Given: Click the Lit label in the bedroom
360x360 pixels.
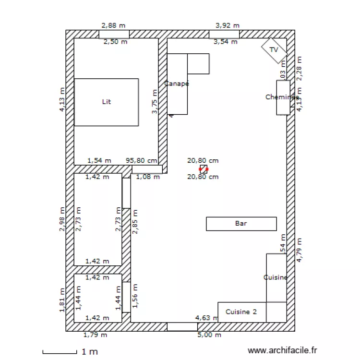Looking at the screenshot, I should click(x=107, y=102).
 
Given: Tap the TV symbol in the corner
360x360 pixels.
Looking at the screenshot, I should click(x=274, y=49).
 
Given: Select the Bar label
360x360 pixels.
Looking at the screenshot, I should click(x=241, y=223).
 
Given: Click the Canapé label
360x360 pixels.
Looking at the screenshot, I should click(x=177, y=84).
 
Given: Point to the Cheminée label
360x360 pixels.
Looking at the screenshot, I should click(x=282, y=97).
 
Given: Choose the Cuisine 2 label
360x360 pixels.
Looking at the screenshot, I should click(x=241, y=312).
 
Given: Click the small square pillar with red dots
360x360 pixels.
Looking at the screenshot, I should click(x=204, y=169).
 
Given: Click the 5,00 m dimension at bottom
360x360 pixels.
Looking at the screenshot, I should click(x=210, y=335).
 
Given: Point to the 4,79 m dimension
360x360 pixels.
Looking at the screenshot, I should click(x=300, y=250).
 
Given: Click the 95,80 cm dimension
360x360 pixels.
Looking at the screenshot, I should click(x=141, y=161).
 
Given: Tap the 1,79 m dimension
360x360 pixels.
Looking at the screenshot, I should click(x=95, y=335).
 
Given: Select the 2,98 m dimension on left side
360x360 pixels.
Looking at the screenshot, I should click(x=62, y=219).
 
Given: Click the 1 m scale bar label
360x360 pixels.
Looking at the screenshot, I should click(x=90, y=352).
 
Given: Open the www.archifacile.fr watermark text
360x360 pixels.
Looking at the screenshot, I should click(x=282, y=351).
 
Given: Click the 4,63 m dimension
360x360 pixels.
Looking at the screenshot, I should click(x=206, y=317).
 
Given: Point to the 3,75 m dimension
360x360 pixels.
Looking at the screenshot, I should click(x=154, y=102).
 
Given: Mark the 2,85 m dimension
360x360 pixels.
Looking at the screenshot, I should click(x=135, y=222).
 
